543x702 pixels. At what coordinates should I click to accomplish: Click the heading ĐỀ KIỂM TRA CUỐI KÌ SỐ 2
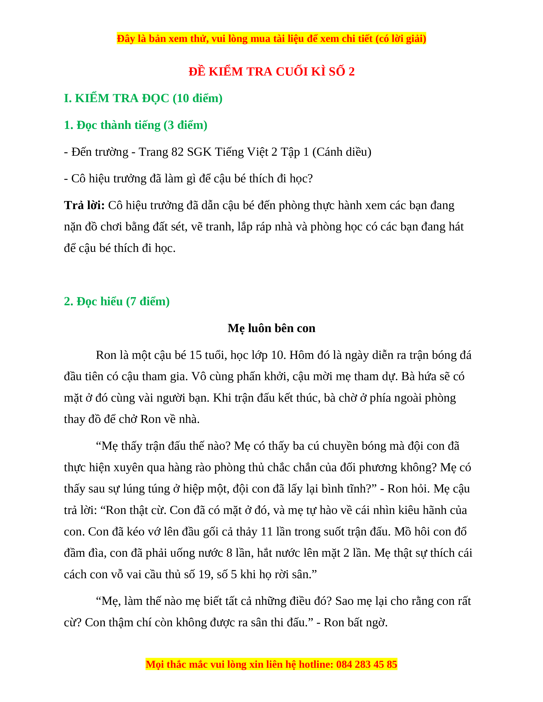tap(271, 71)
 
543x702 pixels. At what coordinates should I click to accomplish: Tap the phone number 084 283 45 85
tap(366, 664)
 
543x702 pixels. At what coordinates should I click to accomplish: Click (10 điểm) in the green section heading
tap(198, 98)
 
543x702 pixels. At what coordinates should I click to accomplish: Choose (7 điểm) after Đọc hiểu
tap(148, 301)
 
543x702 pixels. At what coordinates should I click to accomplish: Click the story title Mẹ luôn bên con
tap(271, 328)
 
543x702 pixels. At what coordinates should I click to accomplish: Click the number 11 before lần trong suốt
tap(266, 532)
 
